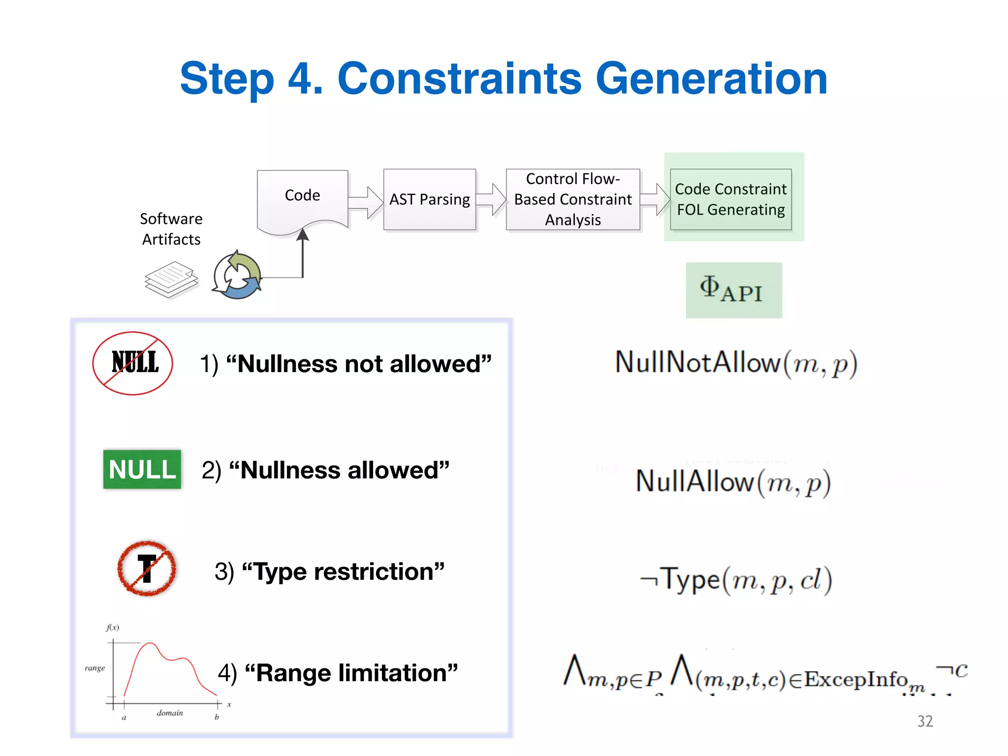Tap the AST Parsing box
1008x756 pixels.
click(x=430, y=199)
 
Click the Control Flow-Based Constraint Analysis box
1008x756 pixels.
click(x=573, y=199)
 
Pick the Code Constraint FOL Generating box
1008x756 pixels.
click(x=730, y=199)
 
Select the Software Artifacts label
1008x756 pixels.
click(x=171, y=229)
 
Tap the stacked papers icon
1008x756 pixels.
click(x=171, y=279)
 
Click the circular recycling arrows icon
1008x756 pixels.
click(x=237, y=276)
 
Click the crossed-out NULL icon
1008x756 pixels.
click(x=133, y=363)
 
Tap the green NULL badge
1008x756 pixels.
click(x=142, y=469)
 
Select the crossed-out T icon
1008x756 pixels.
click(x=147, y=568)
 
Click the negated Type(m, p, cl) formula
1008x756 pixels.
click(x=736, y=579)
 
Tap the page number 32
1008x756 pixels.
click(x=925, y=721)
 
